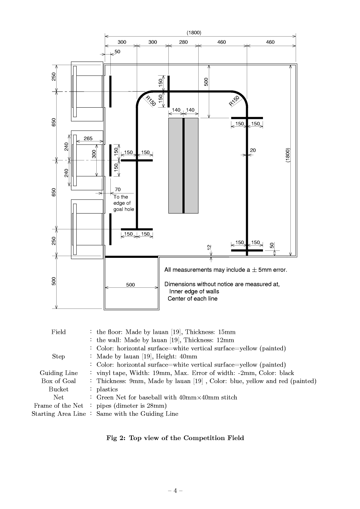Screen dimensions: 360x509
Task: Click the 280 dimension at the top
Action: click(x=183, y=42)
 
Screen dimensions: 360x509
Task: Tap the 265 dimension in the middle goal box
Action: click(x=88, y=138)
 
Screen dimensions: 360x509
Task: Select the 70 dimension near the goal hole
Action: click(x=118, y=189)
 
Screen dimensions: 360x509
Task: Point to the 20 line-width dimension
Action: click(x=253, y=150)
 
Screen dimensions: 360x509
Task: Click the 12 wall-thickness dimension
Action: click(x=209, y=247)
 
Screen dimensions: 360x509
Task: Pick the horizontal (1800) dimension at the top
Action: click(x=194, y=32)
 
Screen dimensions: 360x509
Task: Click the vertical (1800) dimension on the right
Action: click(x=288, y=155)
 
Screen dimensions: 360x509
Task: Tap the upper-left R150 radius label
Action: click(x=150, y=101)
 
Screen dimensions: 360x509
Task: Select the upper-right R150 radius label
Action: click(x=234, y=101)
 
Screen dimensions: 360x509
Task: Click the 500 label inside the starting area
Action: click(x=130, y=285)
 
